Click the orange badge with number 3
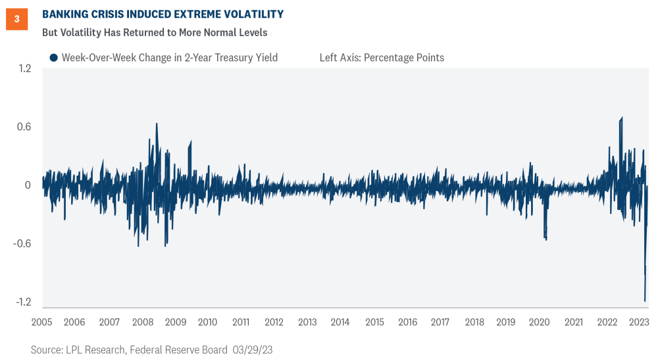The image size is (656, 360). click(x=16, y=19)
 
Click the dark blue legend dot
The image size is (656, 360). click(x=53, y=58)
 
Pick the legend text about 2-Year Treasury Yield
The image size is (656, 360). click(x=170, y=58)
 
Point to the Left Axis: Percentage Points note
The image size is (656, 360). click(x=382, y=58)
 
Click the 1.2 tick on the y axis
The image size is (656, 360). click(x=24, y=68)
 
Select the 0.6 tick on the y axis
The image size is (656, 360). click(x=24, y=127)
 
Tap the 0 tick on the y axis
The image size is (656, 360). click(x=28, y=185)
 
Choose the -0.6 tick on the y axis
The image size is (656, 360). click(x=22, y=244)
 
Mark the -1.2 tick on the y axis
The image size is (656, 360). click(x=22, y=302)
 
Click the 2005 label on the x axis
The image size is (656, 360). click(x=41, y=322)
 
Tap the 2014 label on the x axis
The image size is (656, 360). click(x=340, y=322)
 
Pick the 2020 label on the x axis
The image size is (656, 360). click(x=540, y=322)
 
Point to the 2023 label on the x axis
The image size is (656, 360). click(x=639, y=322)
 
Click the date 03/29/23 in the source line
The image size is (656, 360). click(x=253, y=350)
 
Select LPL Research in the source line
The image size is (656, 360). click(x=87, y=350)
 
